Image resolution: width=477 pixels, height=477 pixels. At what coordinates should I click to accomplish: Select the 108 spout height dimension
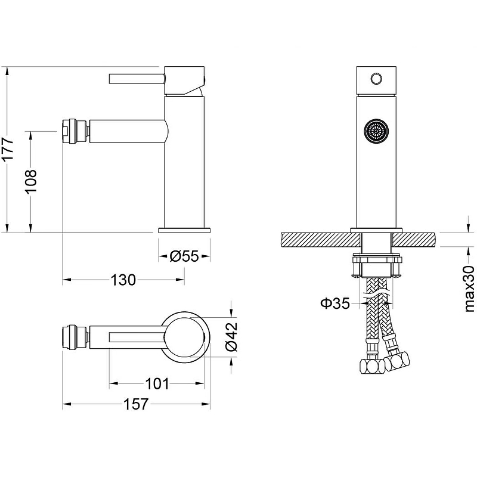[31, 181]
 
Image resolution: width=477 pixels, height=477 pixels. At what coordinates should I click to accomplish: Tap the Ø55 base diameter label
[184, 256]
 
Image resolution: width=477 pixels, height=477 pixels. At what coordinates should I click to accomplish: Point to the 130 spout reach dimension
[123, 280]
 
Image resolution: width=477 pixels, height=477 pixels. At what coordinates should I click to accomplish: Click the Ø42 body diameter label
[231, 337]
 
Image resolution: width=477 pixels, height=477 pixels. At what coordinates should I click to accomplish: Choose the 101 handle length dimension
[157, 383]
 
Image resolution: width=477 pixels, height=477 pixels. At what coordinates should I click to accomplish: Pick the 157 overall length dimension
[136, 404]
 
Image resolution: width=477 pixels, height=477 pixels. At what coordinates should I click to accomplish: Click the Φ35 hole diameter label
[335, 303]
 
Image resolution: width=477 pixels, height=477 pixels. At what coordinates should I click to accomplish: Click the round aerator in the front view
[376, 131]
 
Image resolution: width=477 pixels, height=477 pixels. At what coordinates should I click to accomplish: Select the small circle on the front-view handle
[376, 79]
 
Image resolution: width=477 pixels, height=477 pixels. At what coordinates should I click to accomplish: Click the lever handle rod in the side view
[137, 79]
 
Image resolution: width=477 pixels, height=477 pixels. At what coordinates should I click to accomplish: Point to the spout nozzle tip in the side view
[70, 131]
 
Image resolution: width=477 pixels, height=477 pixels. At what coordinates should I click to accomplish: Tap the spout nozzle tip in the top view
[70, 337]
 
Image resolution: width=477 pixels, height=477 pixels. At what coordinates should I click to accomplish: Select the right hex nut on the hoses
[397, 361]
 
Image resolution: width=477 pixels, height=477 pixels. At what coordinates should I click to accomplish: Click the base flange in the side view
[184, 230]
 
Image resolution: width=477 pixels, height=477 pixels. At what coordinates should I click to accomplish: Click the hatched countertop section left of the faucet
[321, 240]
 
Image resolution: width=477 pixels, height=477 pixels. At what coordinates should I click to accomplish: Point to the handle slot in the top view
[137, 337]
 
